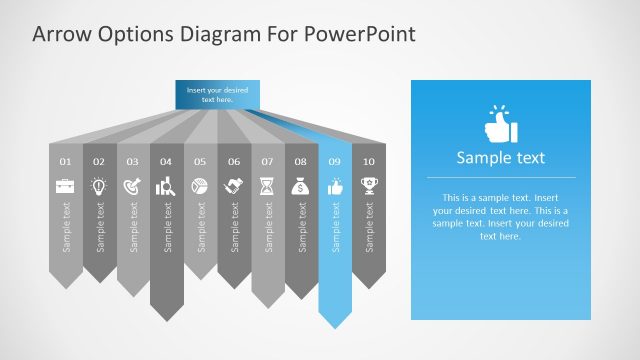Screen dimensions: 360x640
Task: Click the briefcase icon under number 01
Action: [65, 185]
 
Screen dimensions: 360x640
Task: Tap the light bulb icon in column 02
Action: [99, 185]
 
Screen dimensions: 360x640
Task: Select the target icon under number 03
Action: [133, 185]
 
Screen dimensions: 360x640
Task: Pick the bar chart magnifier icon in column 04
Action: [166, 185]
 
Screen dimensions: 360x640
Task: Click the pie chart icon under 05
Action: [200, 185]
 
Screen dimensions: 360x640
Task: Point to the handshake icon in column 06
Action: [234, 185]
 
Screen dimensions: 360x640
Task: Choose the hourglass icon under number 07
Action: [267, 185]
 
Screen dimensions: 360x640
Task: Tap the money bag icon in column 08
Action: [301, 185]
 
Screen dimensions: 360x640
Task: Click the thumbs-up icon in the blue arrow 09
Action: [335, 185]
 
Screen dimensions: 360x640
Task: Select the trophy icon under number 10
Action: [369, 185]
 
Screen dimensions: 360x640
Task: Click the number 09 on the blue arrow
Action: [335, 161]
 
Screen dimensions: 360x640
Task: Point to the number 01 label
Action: [65, 161]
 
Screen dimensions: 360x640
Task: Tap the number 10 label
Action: [369, 161]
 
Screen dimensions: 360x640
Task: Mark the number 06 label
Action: [234, 161]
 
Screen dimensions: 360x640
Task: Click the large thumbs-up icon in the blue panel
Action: [500, 124]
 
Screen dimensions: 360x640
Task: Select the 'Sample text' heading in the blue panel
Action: [500, 157]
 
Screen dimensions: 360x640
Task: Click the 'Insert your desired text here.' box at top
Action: [217, 95]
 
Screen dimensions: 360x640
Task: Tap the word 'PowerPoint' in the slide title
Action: [361, 34]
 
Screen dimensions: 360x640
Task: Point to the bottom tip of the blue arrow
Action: [335, 327]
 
